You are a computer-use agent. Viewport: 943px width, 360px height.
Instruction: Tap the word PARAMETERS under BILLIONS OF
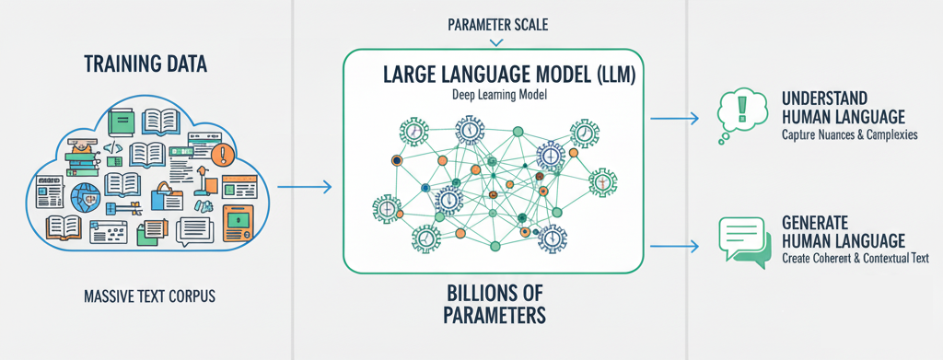[x=493, y=316]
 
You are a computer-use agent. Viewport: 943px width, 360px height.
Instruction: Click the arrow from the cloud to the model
[x=304, y=188]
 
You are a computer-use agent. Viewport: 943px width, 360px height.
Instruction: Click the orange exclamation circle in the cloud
[x=218, y=154]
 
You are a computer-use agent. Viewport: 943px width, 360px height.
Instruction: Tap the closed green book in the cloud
[x=120, y=121]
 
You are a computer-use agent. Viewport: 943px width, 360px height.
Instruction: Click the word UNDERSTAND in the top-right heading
[x=826, y=98]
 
